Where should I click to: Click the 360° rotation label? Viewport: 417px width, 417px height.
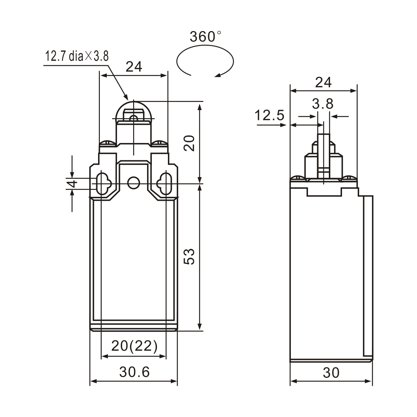click(206, 37)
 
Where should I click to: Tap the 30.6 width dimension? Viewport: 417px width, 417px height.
click(134, 372)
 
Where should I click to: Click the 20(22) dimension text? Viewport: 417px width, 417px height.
click(134, 346)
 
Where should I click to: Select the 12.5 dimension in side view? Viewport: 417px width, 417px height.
click(270, 116)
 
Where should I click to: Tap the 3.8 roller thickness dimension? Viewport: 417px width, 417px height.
click(323, 104)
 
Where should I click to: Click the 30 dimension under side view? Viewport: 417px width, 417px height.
click(331, 373)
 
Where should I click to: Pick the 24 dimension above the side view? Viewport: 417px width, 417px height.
click(323, 82)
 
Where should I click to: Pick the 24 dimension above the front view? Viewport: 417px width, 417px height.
click(134, 67)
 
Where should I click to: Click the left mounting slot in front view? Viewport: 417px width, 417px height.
click(102, 182)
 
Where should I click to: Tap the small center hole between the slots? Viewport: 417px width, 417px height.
click(134, 182)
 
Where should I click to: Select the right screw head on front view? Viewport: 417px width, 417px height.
click(160, 142)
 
